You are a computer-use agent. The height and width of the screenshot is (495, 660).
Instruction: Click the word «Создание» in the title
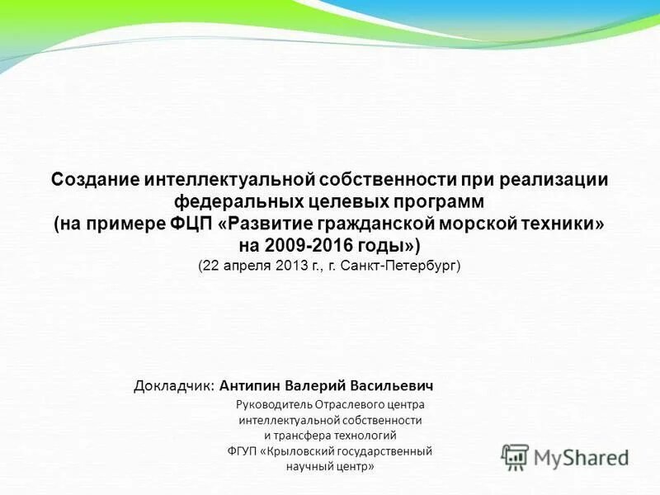(x=95, y=180)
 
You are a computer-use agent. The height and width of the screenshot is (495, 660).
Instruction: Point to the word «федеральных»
(x=233, y=202)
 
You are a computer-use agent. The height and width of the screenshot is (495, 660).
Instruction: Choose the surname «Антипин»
(x=249, y=385)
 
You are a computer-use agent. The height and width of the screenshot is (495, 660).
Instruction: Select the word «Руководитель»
(x=275, y=404)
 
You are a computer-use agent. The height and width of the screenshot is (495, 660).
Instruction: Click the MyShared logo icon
(x=516, y=456)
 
